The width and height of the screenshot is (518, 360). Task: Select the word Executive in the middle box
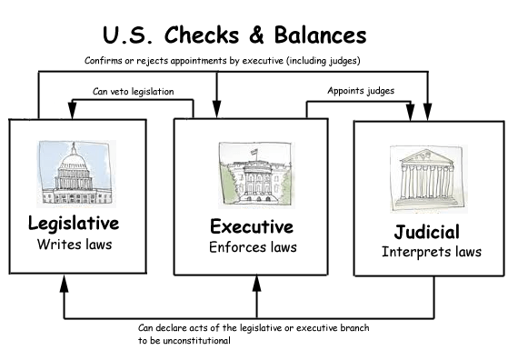click(252, 226)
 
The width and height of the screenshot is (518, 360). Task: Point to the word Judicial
click(427, 231)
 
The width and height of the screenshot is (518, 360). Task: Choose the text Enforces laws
click(253, 246)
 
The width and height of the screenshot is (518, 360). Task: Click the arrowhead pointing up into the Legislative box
click(63, 284)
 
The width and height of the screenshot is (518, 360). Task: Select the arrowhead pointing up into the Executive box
click(255, 284)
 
